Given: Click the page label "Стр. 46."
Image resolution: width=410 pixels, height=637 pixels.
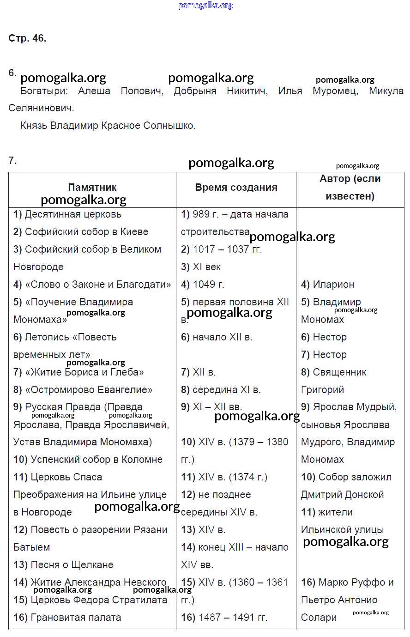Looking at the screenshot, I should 27,38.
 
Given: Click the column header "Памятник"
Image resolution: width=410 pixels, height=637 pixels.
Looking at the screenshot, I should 92,188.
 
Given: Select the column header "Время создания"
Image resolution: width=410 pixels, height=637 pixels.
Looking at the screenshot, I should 236,188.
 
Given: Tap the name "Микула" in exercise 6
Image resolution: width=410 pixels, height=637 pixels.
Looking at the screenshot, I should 386,91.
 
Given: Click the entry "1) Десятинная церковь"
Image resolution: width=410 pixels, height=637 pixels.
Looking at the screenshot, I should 67,214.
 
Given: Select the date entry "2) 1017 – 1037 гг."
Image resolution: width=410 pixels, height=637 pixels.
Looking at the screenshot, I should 221,249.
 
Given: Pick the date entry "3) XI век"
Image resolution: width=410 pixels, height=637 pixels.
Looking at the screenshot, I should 201,267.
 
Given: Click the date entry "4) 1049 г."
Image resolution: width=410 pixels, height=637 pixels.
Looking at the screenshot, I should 203,285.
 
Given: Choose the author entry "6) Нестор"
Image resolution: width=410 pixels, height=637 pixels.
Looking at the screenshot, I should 324,337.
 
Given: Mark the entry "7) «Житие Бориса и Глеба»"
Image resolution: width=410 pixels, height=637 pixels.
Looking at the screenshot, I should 78,372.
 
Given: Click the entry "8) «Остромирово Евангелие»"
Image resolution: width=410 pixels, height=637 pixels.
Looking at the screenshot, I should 83,390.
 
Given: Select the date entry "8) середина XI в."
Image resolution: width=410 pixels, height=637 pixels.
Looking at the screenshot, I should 221,390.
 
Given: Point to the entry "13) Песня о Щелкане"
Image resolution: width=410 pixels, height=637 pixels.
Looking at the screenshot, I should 63,565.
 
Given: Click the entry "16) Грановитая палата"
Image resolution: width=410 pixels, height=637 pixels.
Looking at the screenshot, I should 67,618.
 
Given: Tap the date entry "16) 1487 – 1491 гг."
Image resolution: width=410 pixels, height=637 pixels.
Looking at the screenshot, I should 224,618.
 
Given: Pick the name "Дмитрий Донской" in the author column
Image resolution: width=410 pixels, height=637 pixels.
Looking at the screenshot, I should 342,495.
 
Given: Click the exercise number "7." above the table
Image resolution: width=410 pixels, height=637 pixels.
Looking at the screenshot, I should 12,161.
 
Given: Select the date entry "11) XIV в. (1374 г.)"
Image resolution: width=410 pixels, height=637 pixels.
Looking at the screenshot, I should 224,477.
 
